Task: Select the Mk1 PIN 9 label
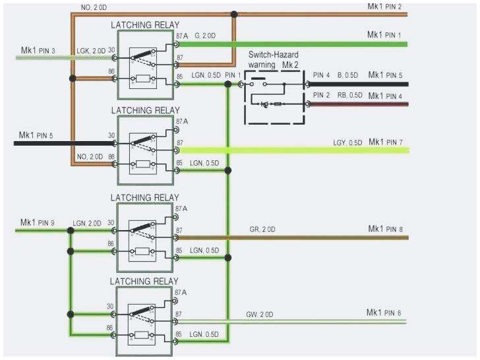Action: tap(39, 222)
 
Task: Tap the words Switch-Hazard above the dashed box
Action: tap(275, 57)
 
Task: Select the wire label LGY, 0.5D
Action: tap(347, 143)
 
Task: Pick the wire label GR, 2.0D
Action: tap(262, 229)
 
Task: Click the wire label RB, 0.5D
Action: tap(349, 96)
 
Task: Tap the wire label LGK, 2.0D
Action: tap(90, 50)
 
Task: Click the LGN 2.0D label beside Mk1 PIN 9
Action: tap(88, 223)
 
